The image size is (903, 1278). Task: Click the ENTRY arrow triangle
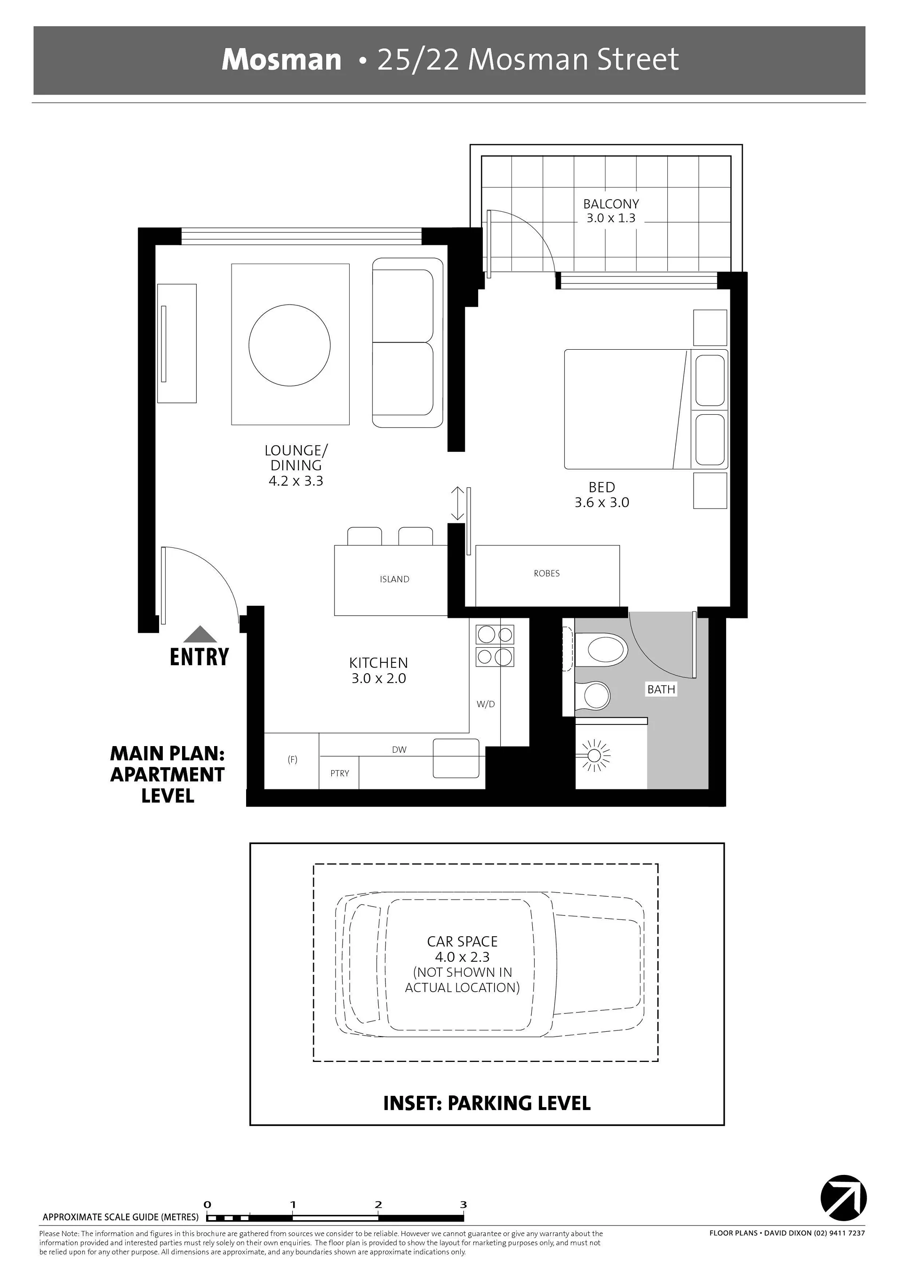tap(200, 635)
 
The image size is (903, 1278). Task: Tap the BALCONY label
tap(611, 204)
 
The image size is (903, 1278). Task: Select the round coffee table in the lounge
tap(289, 345)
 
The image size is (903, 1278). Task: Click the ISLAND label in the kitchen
tap(394, 579)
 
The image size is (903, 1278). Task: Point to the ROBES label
tap(546, 573)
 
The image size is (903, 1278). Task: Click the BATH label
tap(661, 689)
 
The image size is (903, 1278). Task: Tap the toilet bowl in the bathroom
tap(607, 651)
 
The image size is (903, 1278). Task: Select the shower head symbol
tap(594, 756)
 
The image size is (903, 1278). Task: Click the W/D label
tap(486, 704)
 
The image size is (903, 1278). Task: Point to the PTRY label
tap(339, 773)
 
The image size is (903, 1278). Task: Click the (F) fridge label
tap(292, 759)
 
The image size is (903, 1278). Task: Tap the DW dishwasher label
tap(399, 750)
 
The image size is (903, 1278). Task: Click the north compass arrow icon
tap(843, 1198)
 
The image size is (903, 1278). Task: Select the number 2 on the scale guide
tap(378, 1205)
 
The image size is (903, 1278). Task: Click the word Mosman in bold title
tap(281, 60)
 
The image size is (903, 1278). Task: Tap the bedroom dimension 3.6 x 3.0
tap(601, 503)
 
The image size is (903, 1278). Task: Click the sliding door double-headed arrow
tap(457, 503)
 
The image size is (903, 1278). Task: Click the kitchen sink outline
tap(456, 758)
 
